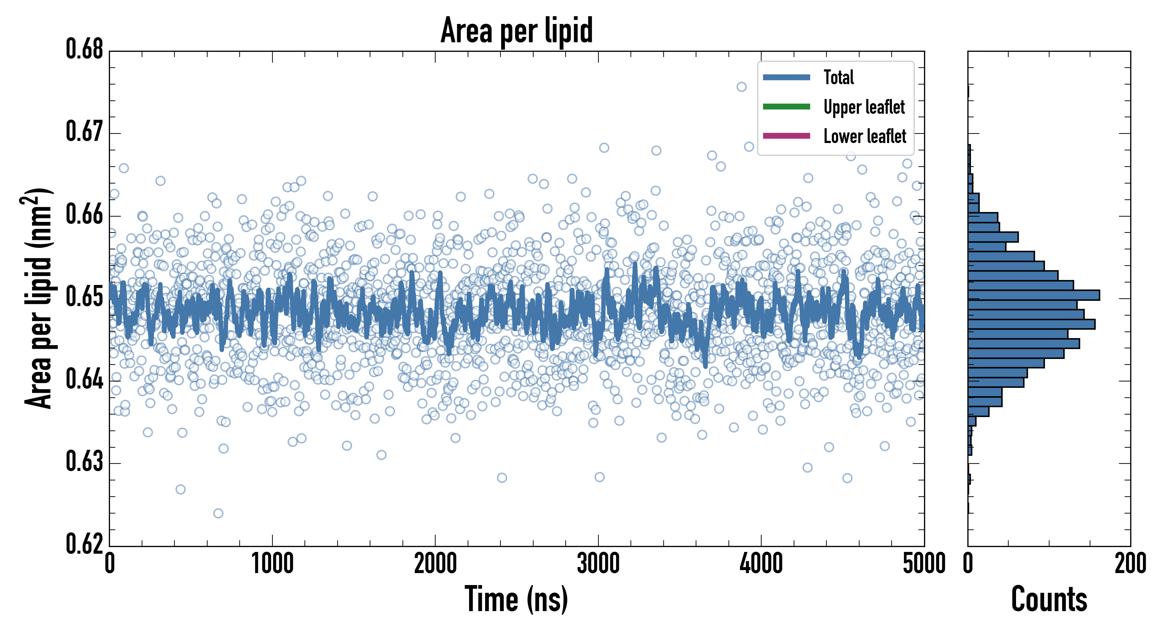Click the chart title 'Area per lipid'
click(517, 31)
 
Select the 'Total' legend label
click(838, 77)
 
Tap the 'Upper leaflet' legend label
click(864, 107)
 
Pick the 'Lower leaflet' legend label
click(864, 136)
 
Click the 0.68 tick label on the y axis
click(85, 49)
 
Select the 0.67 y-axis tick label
click(85, 132)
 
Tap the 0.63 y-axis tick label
click(85, 462)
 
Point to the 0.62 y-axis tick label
click(85, 544)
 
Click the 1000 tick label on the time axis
click(272, 564)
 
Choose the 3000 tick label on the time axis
click(598, 564)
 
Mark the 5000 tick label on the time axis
click(924, 564)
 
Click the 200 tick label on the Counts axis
click(1130, 564)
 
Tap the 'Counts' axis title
click(1049, 599)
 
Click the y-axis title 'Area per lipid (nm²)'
click(38, 298)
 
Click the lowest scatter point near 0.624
click(218, 513)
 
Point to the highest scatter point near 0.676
click(741, 87)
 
